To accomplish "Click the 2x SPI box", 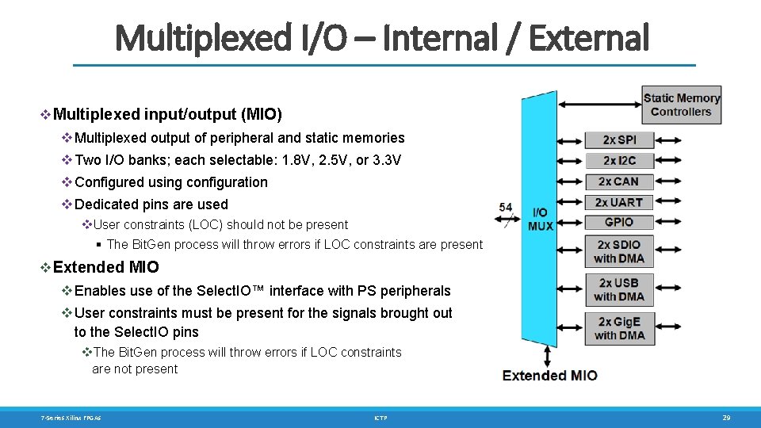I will click(x=619, y=140).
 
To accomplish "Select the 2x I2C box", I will click(x=619, y=161).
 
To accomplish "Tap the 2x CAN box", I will click(x=619, y=182).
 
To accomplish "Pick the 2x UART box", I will click(x=619, y=202).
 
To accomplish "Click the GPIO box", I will click(x=619, y=222).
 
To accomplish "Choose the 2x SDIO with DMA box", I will click(x=619, y=251).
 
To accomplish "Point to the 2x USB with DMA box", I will click(x=619, y=290).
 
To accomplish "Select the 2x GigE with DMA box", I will click(x=619, y=328).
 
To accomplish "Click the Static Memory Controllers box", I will click(x=681, y=105).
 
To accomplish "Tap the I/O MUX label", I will click(x=540, y=219).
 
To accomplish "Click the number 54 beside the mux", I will click(x=506, y=208).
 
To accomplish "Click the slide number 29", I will click(x=725, y=417).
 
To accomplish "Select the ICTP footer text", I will click(x=380, y=417).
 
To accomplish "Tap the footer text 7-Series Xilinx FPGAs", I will click(x=71, y=417).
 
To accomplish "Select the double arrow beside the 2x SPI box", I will click(x=570, y=140).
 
